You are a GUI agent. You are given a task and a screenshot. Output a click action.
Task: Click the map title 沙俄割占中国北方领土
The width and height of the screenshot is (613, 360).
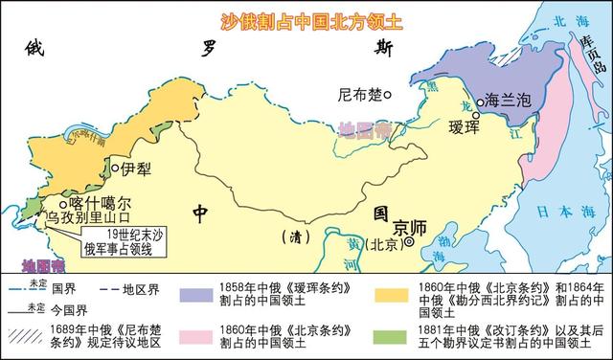point(306,20)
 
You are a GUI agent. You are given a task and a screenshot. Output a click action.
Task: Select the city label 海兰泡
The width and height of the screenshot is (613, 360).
point(504,100)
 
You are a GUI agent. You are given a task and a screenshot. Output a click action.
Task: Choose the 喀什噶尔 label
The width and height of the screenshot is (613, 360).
point(99,203)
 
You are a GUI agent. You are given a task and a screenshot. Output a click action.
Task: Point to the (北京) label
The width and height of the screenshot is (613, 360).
point(383,243)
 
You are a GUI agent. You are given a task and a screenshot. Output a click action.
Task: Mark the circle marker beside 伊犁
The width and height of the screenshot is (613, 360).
point(116,169)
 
